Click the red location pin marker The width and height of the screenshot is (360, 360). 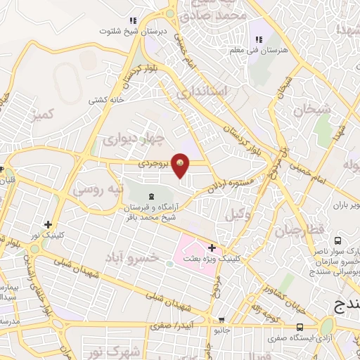click(x=181, y=165)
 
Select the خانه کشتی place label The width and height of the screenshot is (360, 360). click(x=106, y=100)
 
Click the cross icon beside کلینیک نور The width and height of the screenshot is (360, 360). click(x=49, y=223)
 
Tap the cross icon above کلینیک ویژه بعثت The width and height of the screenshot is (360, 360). click(x=212, y=247)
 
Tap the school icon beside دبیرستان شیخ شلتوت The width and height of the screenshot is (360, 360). click(x=133, y=21)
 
